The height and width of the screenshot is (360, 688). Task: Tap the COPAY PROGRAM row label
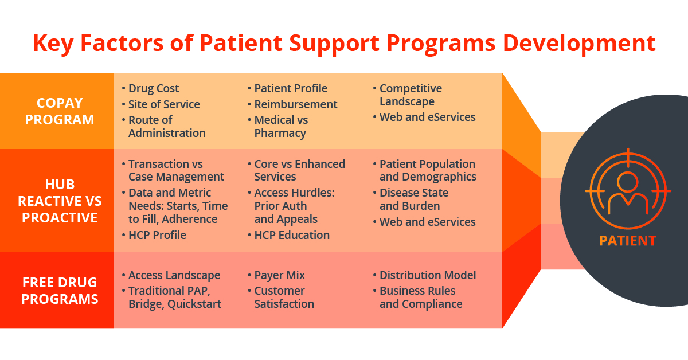pos(60,111)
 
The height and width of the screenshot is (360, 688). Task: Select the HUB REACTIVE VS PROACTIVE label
pos(60,201)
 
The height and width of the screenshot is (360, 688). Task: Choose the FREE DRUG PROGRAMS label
pos(60,291)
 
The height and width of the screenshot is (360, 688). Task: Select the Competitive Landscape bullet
pos(411,95)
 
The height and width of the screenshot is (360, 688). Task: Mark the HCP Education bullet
pos(292,235)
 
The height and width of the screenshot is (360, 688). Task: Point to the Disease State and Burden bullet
pos(414,199)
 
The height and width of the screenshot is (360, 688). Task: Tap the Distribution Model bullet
pos(428,275)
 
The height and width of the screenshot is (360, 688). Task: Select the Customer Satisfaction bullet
pos(284,298)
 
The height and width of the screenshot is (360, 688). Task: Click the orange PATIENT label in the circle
pos(627,240)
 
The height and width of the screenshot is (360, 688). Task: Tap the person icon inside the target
pos(628,191)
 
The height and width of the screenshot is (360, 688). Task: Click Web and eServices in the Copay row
pos(427,117)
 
